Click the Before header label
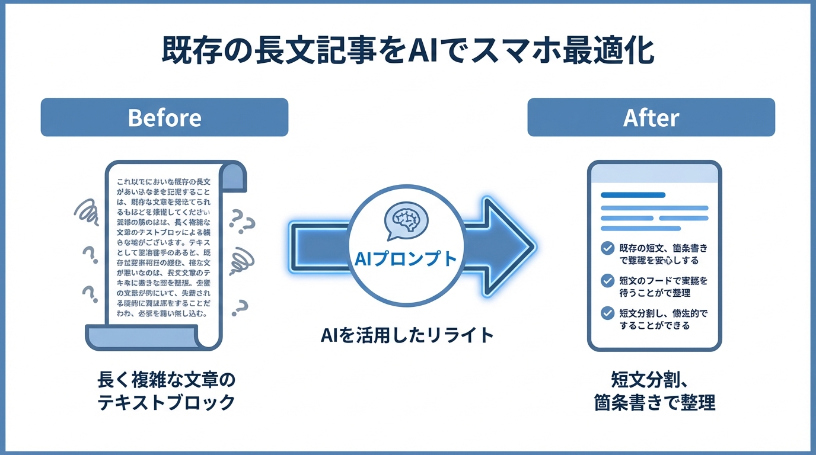(164, 117)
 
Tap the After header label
(651, 117)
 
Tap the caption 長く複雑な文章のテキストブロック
(165, 390)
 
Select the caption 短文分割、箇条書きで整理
(654, 390)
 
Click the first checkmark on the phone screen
(607, 248)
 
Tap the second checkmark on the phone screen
(607, 280)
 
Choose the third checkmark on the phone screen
(607, 313)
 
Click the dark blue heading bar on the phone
(633, 194)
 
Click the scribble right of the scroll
(243, 259)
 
